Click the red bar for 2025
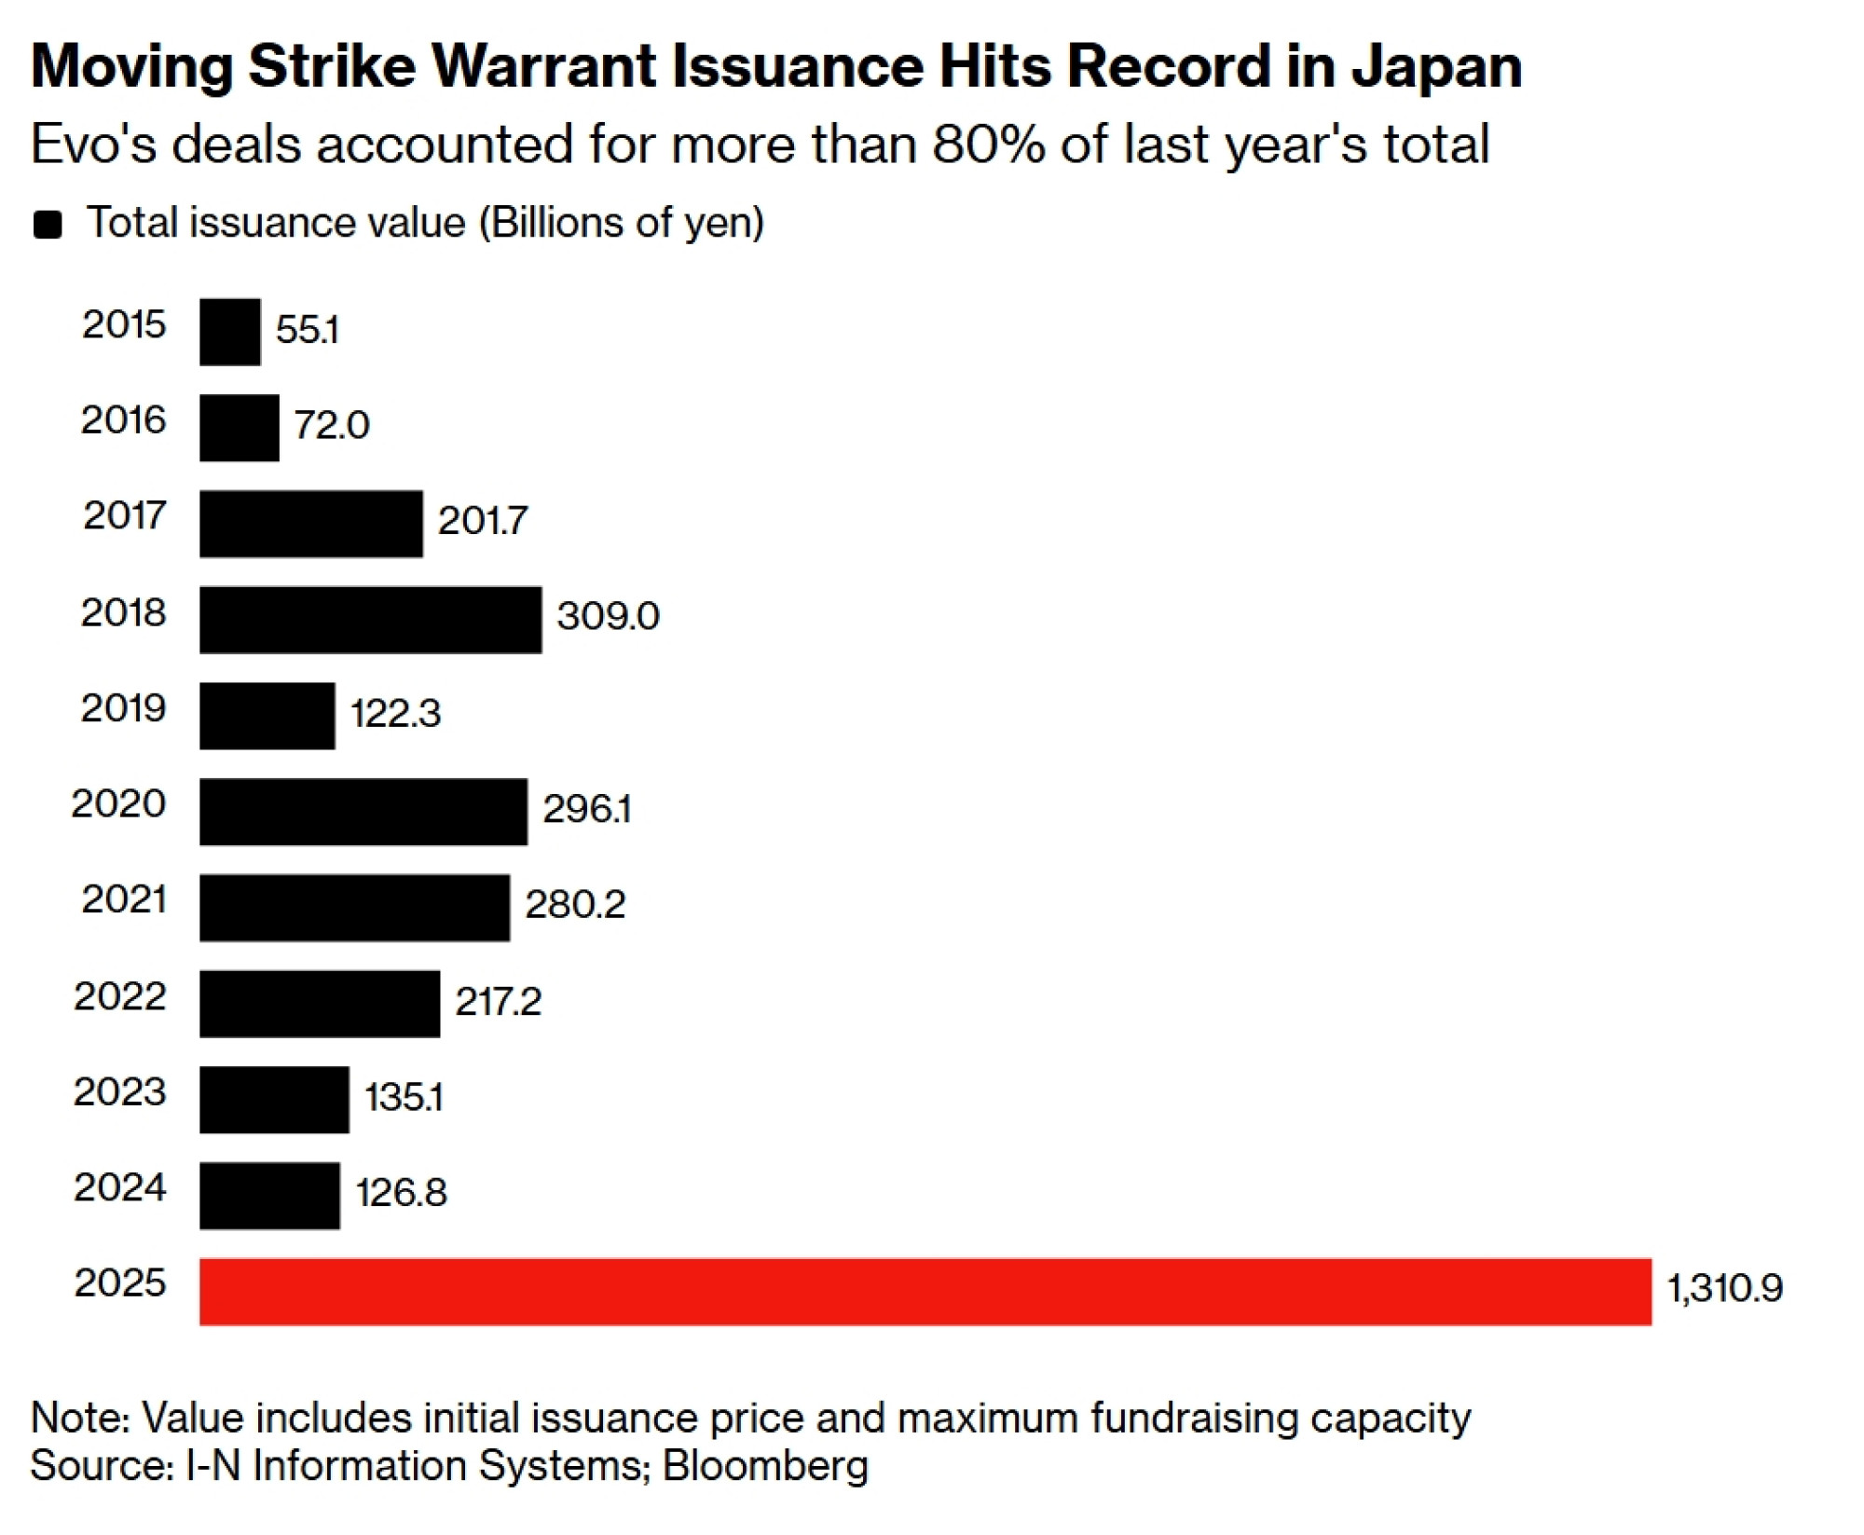(925, 1291)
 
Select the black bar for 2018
(370, 620)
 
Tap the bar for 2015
(230, 332)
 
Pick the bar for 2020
(363, 812)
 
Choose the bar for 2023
(274, 1100)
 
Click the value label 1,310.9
(1724, 1288)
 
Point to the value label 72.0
(332, 426)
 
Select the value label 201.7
(483, 521)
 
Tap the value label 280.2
(575, 904)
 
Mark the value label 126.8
(401, 1192)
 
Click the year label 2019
(123, 708)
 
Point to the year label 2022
(120, 996)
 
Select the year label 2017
(124, 515)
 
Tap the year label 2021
(124, 899)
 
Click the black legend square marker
(48, 225)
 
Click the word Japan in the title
(1436, 67)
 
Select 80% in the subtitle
(989, 145)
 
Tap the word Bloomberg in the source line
(765, 1465)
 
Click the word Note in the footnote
(78, 1418)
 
